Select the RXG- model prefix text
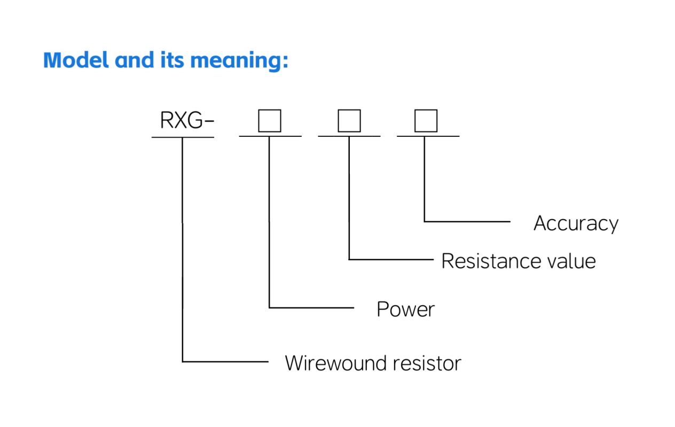[x=187, y=121]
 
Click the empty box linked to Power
[x=270, y=121]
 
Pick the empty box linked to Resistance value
[x=349, y=121]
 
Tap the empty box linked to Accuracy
[x=426, y=121]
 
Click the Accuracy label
[x=576, y=223]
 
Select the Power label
[x=405, y=309]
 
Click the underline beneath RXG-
[x=183, y=137]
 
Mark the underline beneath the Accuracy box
[x=428, y=136]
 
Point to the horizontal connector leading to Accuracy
[x=467, y=221]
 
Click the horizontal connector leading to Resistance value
[x=391, y=260]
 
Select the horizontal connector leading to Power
[x=311, y=308]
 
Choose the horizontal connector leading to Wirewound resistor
[x=225, y=362]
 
